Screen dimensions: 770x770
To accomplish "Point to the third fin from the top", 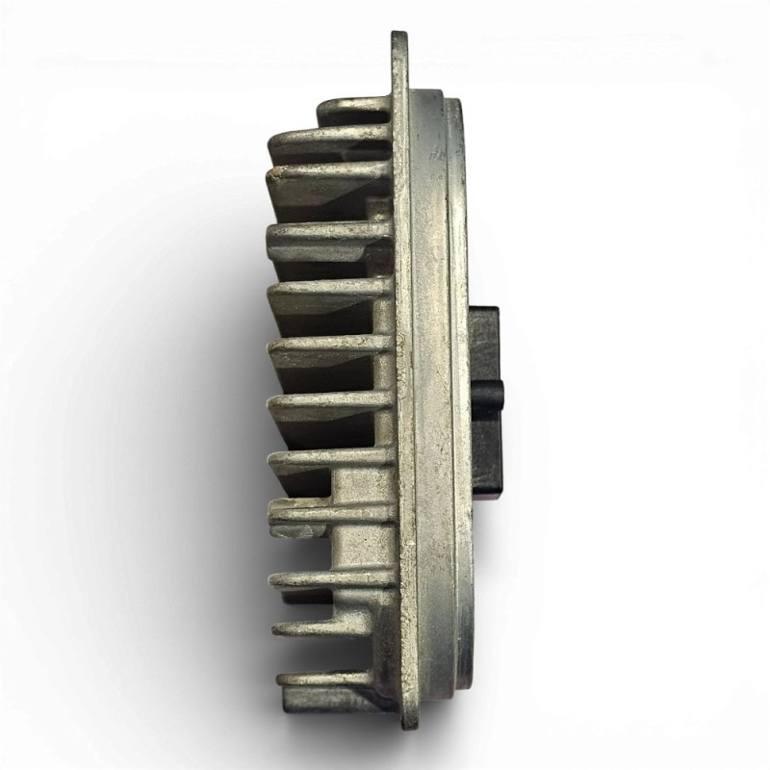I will click(275, 174).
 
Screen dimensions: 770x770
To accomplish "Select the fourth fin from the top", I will click(275, 232).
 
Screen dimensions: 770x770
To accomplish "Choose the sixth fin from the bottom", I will click(279, 402).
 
